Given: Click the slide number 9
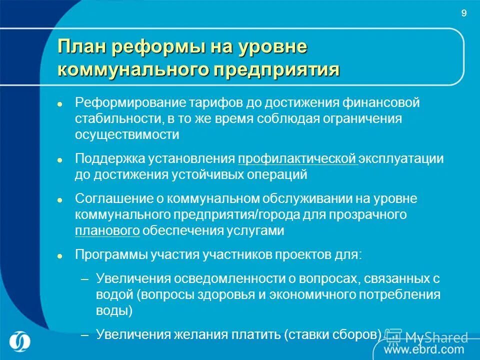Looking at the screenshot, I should (463, 13).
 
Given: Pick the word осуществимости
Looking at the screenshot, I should (127, 134).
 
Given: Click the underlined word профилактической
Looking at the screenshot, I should (297, 159).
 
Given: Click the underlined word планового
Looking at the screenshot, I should (107, 230).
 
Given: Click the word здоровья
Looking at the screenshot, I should (218, 294).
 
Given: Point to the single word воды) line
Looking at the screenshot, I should (114, 310).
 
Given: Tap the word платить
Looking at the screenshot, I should (256, 334).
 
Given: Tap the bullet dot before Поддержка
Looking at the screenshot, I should (59, 159).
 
